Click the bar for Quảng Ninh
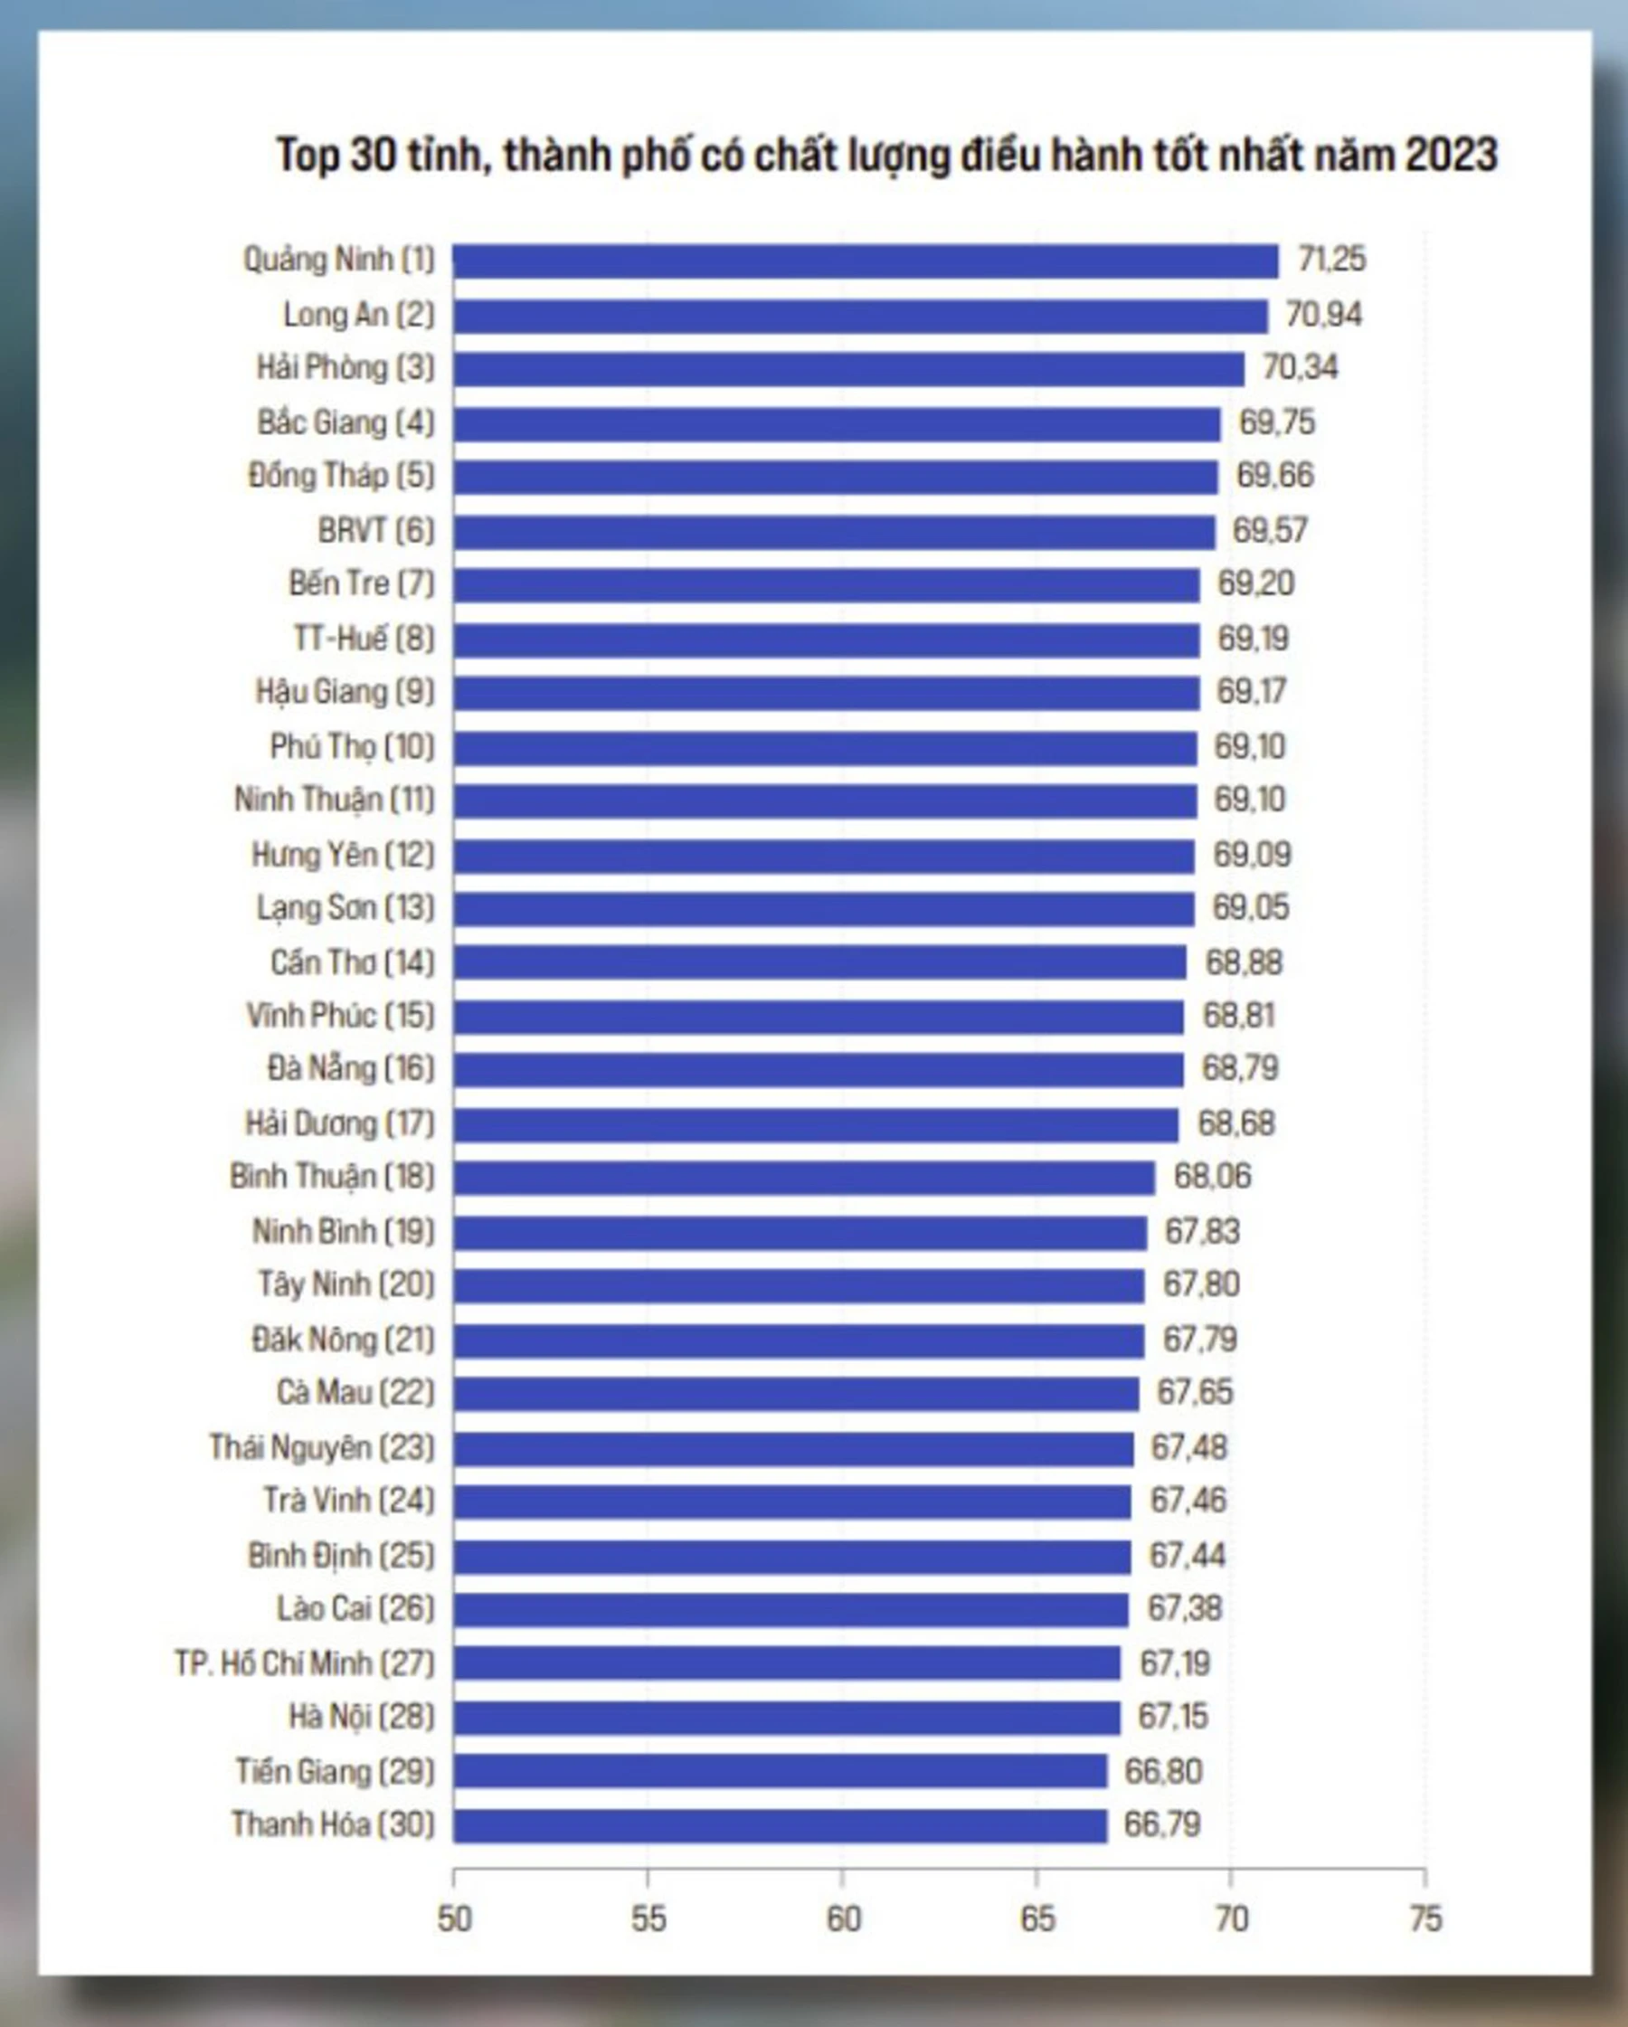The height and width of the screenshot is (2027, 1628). pyautogui.click(x=865, y=261)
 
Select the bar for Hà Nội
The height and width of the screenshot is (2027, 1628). pyautogui.click(x=786, y=1718)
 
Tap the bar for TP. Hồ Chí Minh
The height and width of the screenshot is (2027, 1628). pyautogui.click(x=786, y=1663)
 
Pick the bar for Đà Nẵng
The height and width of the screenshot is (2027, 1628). pyautogui.click(x=818, y=1070)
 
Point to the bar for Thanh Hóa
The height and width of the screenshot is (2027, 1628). pyautogui.click(x=780, y=1826)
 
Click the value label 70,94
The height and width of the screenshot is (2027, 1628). pyautogui.click(x=1322, y=315)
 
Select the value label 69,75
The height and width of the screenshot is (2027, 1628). pyautogui.click(x=1276, y=423)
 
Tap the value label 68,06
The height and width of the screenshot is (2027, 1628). pyautogui.click(x=1212, y=1177)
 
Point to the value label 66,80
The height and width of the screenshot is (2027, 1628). pyautogui.click(x=1163, y=1772)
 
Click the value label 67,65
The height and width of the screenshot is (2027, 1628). pyautogui.click(x=1194, y=1392)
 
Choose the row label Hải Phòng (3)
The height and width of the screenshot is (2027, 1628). pyautogui.click(x=345, y=368)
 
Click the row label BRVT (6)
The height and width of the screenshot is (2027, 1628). pyautogui.click(x=376, y=531)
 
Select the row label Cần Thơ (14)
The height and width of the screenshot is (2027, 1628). pyautogui.click(x=353, y=962)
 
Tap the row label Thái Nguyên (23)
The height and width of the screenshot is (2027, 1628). pyautogui.click(x=321, y=1448)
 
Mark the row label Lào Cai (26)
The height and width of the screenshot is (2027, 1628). pyautogui.click(x=355, y=1609)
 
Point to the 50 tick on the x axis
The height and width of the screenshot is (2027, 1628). pyautogui.click(x=454, y=1920)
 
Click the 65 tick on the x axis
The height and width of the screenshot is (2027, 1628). pyautogui.click(x=1036, y=1920)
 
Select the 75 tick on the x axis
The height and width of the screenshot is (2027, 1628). pyautogui.click(x=1425, y=1920)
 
